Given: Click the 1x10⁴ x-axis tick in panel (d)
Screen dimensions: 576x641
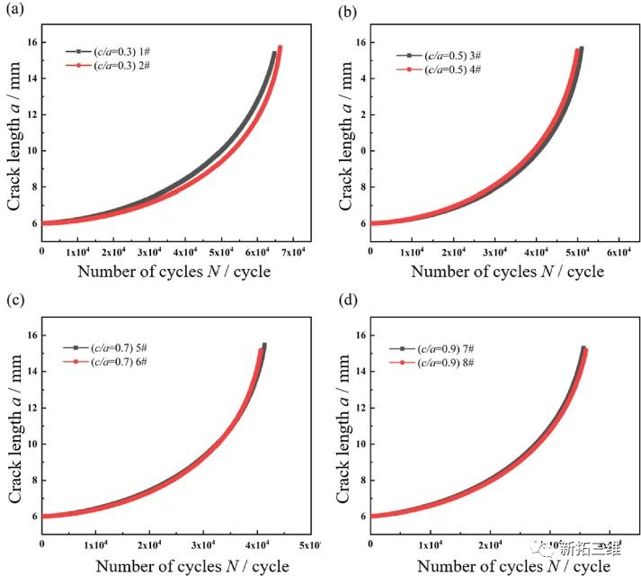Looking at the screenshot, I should [429, 545].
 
